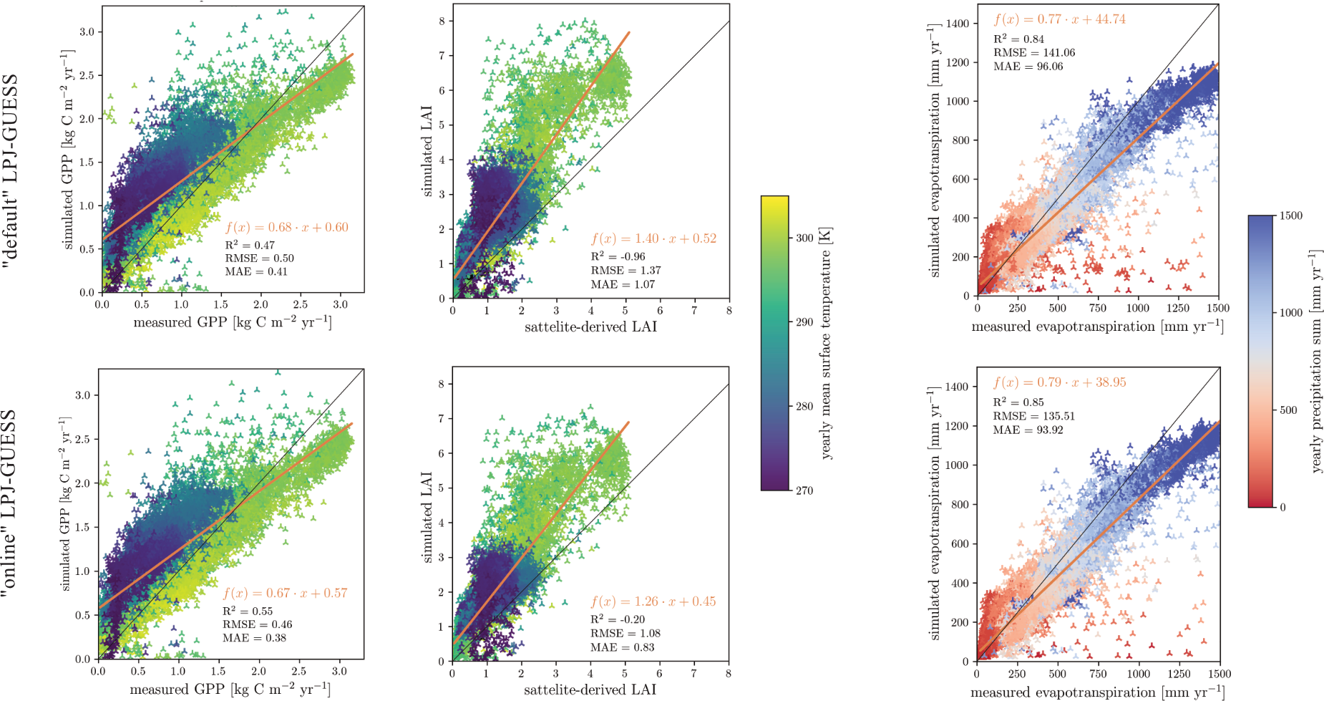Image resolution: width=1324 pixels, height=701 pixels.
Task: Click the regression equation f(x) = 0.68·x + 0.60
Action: pyautogui.click(x=286, y=228)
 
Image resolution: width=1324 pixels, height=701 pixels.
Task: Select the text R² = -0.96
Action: pyautogui.click(x=618, y=256)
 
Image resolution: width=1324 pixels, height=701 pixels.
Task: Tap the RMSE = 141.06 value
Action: pyautogui.click(x=1033, y=52)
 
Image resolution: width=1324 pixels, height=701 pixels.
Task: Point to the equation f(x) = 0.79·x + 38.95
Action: pyautogui.click(x=1059, y=382)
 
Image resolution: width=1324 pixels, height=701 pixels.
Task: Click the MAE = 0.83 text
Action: pyautogui.click(x=622, y=647)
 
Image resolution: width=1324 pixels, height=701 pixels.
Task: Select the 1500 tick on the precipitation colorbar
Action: pyautogui.click(x=1290, y=216)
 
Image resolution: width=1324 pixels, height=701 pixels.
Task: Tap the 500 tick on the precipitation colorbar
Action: pyautogui.click(x=1288, y=410)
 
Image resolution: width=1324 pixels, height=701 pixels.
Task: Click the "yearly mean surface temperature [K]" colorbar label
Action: pyautogui.click(x=826, y=343)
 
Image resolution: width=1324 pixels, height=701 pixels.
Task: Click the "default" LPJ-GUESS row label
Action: pyautogui.click(x=10, y=172)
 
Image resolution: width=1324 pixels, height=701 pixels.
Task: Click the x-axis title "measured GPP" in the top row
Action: pyautogui.click(x=232, y=322)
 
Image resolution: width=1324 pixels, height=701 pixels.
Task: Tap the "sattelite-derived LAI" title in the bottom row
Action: pyautogui.click(x=590, y=690)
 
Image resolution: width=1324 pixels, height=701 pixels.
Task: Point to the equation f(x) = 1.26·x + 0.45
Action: pyautogui.click(x=653, y=601)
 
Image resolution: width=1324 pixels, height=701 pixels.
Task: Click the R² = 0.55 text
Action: pyautogui.click(x=247, y=611)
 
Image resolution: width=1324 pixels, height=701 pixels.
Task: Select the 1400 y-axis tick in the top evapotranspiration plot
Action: pyautogui.click(x=957, y=24)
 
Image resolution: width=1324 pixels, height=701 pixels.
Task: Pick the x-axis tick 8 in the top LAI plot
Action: pyautogui.click(x=729, y=311)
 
